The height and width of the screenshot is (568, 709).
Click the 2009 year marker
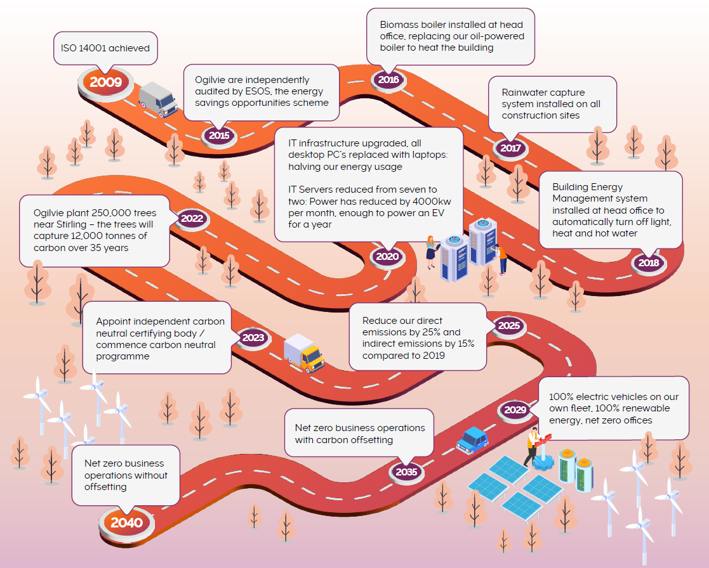click(x=105, y=82)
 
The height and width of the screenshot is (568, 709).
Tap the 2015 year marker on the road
click(x=219, y=135)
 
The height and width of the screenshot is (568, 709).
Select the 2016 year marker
click(x=388, y=80)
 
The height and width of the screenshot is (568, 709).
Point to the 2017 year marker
click(x=510, y=148)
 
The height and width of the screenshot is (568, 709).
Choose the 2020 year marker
click(x=387, y=257)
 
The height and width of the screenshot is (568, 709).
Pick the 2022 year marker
click(x=192, y=219)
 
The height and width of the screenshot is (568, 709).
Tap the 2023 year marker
click(x=253, y=338)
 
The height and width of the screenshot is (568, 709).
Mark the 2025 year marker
click(x=508, y=326)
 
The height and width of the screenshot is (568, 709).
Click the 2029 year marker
click(x=515, y=410)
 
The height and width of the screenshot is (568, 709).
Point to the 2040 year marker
click(x=126, y=523)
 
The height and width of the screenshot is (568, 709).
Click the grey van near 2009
click(x=158, y=100)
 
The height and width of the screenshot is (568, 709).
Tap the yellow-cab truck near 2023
click(x=304, y=353)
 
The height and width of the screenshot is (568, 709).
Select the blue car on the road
click(x=472, y=439)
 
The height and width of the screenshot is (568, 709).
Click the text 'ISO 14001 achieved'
click(x=105, y=48)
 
